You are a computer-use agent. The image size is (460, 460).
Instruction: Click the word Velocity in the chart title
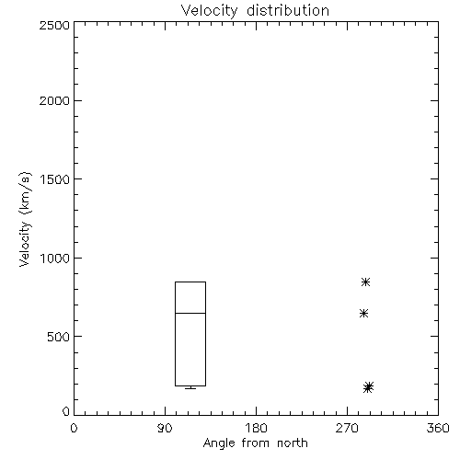pos(209,11)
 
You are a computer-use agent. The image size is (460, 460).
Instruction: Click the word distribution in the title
pos(288,10)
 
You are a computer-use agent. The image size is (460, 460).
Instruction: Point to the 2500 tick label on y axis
pos(54,25)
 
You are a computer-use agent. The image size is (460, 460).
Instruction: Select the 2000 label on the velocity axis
pos(54,101)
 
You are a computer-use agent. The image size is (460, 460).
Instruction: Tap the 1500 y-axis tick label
pos(55,179)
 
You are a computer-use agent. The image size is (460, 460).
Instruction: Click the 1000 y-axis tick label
pos(55,259)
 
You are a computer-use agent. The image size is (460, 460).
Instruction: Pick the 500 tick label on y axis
pos(59,337)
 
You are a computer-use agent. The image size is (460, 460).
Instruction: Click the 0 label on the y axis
pos(66,411)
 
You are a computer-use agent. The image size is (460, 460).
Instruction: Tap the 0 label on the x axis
pos(74,428)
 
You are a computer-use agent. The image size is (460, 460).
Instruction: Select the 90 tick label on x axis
pos(165,428)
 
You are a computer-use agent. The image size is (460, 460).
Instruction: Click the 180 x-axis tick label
pos(256,428)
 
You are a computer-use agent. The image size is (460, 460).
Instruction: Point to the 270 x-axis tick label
pos(347,428)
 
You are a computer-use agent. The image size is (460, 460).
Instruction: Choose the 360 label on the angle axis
pos(438,428)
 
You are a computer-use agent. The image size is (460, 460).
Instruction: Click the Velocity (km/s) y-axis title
pos(25,219)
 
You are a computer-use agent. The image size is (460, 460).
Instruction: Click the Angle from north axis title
pos(256,443)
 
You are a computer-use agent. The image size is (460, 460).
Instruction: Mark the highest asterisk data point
pos(365,282)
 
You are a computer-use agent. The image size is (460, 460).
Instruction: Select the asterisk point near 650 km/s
pos(363,314)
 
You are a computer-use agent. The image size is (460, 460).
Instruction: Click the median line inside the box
pos(190,313)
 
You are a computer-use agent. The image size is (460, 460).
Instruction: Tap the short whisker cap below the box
pos(190,388)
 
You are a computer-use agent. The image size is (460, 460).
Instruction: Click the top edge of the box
pos(190,282)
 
